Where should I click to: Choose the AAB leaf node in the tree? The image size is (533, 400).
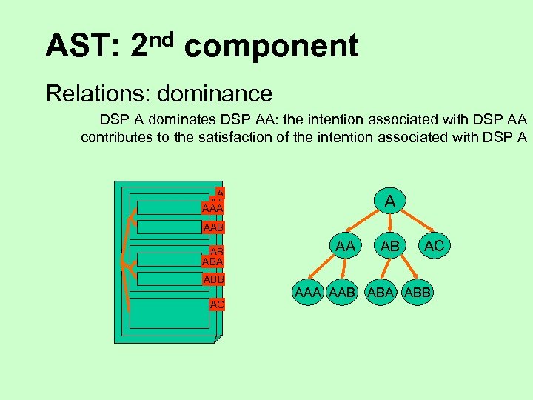click(x=345, y=292)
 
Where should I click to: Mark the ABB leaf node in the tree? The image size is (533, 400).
click(x=417, y=292)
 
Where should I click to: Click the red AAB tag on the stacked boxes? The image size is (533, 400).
click(x=213, y=227)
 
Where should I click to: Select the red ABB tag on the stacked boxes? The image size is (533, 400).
click(x=213, y=279)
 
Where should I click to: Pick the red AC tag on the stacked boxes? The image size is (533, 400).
click(x=217, y=304)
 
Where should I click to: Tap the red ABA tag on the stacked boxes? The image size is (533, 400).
click(x=212, y=261)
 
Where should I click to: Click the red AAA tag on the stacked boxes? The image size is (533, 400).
click(x=212, y=209)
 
